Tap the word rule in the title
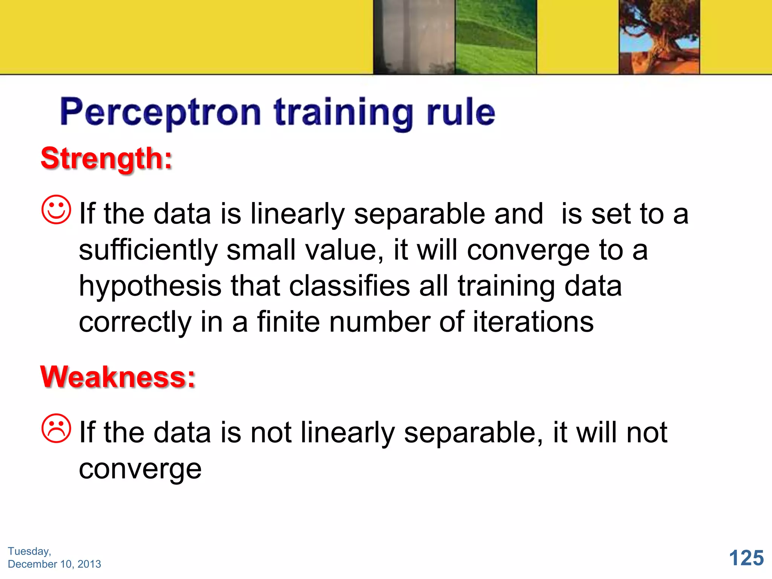pos(461,112)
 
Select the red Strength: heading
pos(107,158)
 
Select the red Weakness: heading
pos(118,377)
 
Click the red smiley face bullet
pos(56,210)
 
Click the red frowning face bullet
pos(56,429)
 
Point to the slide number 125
pos(746,558)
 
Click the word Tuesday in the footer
pos(29,551)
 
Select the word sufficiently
pos(148,251)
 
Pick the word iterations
pos(533,322)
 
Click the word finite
pos(288,322)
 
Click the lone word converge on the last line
pos(140,469)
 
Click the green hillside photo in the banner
pos(495,37)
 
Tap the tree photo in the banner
pos(659,37)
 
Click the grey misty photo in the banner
pos(414,37)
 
